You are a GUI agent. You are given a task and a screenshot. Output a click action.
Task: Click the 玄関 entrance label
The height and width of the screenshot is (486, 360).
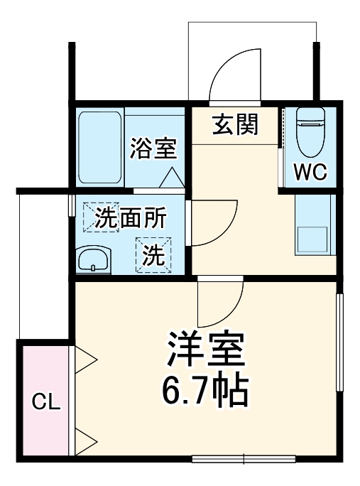235,124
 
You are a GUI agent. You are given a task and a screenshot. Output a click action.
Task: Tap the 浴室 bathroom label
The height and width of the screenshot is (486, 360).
153,148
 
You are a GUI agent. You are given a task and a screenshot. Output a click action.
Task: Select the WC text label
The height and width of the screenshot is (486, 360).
310,172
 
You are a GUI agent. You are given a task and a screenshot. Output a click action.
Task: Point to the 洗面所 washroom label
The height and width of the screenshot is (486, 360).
131,218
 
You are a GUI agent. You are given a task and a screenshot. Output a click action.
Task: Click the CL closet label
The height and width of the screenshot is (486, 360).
46,401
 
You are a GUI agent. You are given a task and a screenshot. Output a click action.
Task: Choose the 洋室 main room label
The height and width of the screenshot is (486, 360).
207,350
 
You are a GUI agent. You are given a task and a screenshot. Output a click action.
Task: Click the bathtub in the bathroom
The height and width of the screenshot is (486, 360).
99,148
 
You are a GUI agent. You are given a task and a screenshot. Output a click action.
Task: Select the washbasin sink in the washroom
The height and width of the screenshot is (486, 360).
94,259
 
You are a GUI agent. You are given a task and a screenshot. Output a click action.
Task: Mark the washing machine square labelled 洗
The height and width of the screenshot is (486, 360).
153,255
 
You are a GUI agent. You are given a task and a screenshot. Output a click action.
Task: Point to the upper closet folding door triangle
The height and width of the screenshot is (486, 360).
87,360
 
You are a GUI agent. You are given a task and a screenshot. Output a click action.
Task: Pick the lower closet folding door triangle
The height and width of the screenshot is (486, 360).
87,442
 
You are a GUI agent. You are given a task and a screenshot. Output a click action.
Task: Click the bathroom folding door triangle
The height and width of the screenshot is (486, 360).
172,178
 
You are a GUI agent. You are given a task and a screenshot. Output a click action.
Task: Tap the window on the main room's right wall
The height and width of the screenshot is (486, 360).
340,342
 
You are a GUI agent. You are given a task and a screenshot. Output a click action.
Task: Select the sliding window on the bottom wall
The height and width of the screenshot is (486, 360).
244,459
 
